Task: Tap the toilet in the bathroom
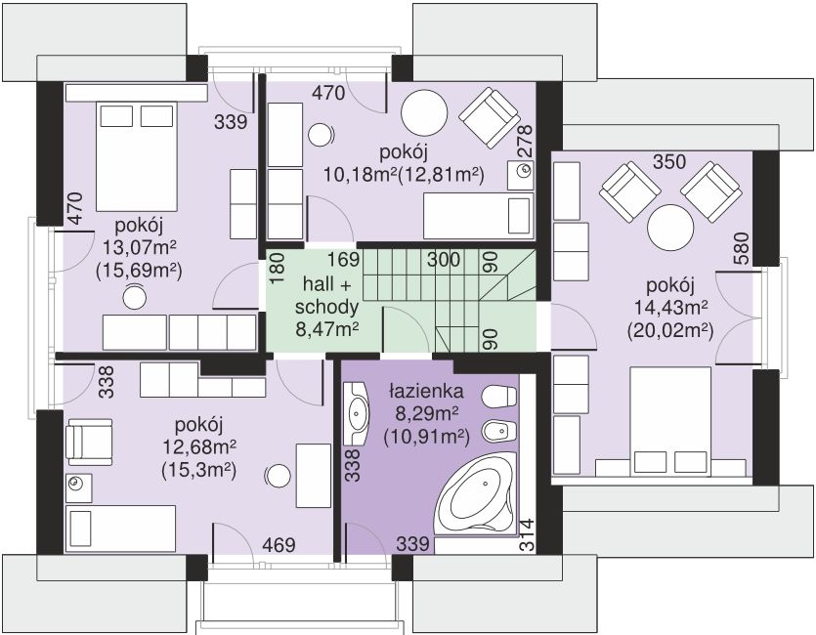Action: tap(499, 397)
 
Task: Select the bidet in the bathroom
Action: tap(499, 430)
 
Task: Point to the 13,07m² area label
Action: tap(140, 248)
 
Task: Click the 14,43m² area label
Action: tap(670, 308)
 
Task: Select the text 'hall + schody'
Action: tap(326, 296)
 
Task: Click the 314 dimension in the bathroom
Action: tap(527, 534)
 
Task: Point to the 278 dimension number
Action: tap(526, 141)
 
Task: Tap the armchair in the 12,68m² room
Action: tap(90, 442)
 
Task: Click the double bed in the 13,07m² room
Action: tap(137, 156)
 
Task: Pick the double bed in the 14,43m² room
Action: tap(670, 421)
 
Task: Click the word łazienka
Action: tap(426, 392)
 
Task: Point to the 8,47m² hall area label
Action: tap(326, 329)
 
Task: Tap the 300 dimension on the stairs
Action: tap(444, 260)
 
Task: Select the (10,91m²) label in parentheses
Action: tap(427, 438)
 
